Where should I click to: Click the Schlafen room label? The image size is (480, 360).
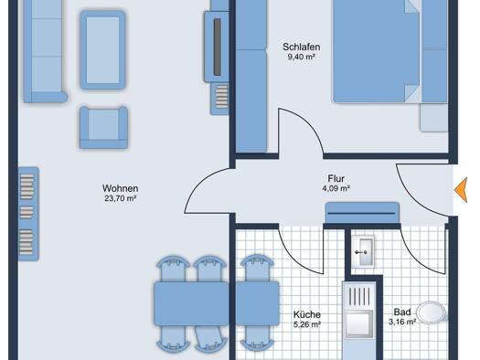pyautogui.click(x=301, y=48)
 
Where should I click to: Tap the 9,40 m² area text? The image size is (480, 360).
pyautogui.click(x=301, y=57)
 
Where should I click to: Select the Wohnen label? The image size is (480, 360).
pyautogui.click(x=120, y=188)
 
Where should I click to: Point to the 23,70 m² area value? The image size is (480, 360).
pyautogui.click(x=121, y=198)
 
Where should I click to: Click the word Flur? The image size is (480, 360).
pyautogui.click(x=336, y=178)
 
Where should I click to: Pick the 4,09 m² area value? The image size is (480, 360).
pyautogui.click(x=336, y=188)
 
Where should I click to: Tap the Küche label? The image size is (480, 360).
pyautogui.click(x=307, y=314)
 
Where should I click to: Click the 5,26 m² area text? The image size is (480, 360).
pyautogui.click(x=307, y=324)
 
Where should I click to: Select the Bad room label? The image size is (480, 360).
pyautogui.click(x=402, y=312)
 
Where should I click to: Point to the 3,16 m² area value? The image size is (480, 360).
pyautogui.click(x=402, y=322)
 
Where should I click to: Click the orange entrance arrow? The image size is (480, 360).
pyautogui.click(x=461, y=190)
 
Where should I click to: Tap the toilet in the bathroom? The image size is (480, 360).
pyautogui.click(x=432, y=312)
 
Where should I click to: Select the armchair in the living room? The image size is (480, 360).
pyautogui.click(x=104, y=128)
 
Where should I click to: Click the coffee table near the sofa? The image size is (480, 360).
pyautogui.click(x=102, y=50)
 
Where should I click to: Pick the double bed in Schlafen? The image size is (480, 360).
pyautogui.click(x=377, y=50)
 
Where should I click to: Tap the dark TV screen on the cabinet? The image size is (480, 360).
pyautogui.click(x=217, y=47)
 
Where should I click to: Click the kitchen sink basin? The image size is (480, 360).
pyautogui.click(x=359, y=324)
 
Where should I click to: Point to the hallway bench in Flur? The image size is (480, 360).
pyautogui.click(x=362, y=213)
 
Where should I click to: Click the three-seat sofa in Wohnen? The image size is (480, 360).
pyautogui.click(x=45, y=51)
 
